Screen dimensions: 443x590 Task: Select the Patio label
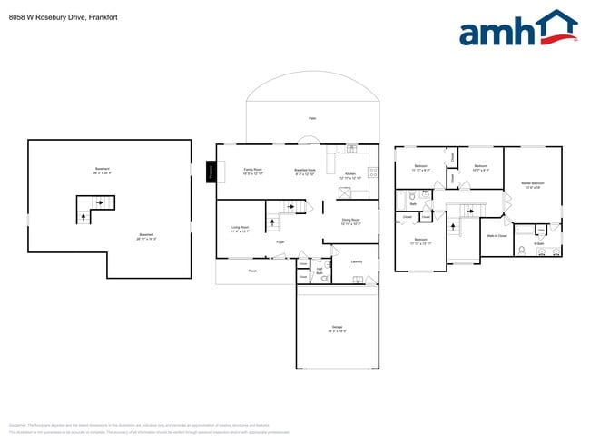click(311, 118)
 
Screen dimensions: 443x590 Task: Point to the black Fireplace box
click(211, 171)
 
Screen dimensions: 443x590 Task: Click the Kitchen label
click(350, 176)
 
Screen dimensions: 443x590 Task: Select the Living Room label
click(241, 229)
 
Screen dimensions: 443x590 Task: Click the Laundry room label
click(357, 261)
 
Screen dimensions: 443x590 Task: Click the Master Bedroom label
click(532, 185)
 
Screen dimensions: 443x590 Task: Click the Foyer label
click(281, 242)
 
